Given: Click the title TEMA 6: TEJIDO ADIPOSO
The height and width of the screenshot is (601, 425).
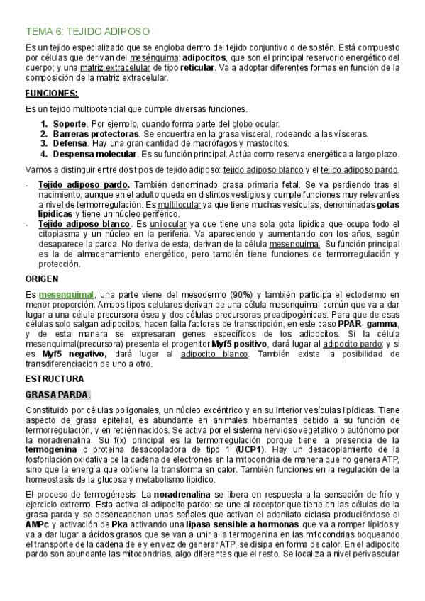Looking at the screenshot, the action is pyautogui.click(x=87, y=32).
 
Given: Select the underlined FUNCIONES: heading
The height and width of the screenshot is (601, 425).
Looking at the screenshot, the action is pyautogui.click(x=52, y=94).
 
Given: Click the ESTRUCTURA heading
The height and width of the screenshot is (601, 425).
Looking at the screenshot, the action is pyautogui.click(x=54, y=378).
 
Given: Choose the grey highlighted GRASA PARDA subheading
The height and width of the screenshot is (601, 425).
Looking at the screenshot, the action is pyautogui.click(x=57, y=394).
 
